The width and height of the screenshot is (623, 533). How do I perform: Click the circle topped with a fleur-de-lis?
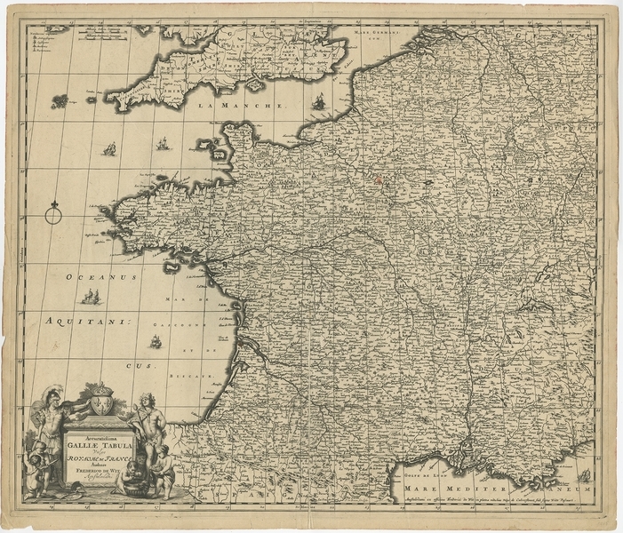click(x=54, y=212)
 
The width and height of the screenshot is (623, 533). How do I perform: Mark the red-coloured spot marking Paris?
click(x=379, y=179)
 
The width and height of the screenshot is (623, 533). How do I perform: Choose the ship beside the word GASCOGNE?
click(x=155, y=341)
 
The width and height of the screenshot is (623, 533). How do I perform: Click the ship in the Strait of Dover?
click(x=318, y=104)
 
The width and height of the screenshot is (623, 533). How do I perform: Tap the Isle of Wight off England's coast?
click(x=254, y=85)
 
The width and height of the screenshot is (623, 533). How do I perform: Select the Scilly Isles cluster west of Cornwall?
click(x=60, y=101)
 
